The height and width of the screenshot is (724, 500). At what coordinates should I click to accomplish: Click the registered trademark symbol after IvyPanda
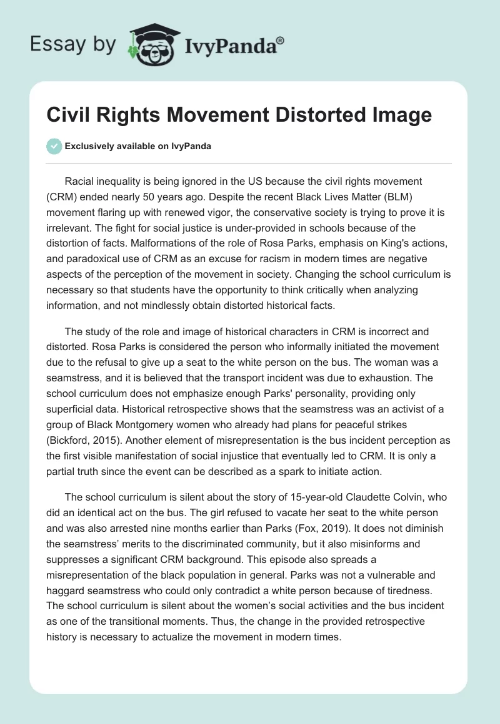click(x=281, y=41)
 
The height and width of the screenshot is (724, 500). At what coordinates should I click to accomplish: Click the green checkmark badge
click(x=54, y=146)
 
